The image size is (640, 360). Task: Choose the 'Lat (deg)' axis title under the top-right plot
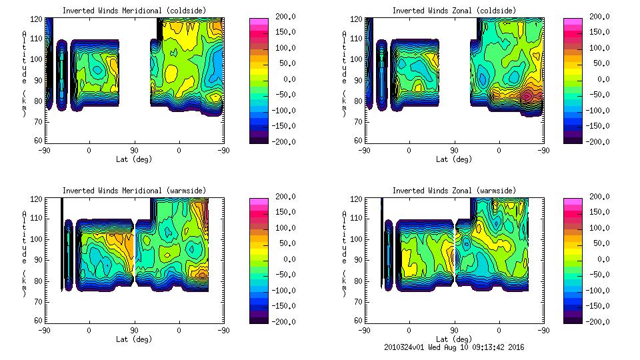click(454, 159)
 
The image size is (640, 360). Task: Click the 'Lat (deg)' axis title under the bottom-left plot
click(134, 339)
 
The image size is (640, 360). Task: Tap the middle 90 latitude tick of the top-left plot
click(134, 150)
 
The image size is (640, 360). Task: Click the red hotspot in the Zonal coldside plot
click(527, 95)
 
